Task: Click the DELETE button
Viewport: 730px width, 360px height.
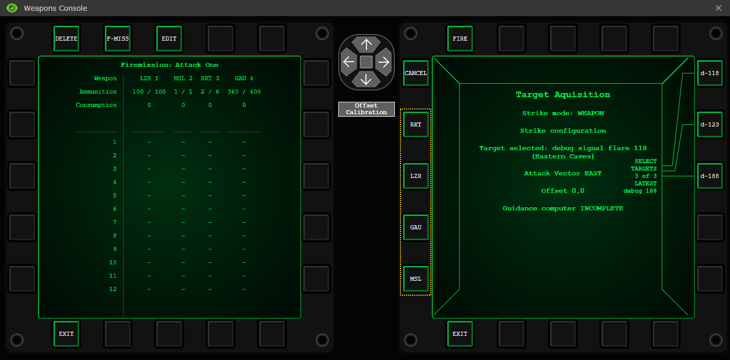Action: point(66,39)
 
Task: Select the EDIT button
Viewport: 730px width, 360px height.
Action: point(169,39)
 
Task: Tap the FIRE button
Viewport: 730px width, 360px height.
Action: point(460,39)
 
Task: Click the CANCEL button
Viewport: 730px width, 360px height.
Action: point(416,73)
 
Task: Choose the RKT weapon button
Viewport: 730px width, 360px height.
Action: point(416,124)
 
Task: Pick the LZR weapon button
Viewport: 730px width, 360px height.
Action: point(416,176)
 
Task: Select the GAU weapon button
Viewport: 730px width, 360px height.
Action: point(416,227)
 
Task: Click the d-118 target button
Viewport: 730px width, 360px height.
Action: point(710,73)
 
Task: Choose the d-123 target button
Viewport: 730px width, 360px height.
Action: point(710,124)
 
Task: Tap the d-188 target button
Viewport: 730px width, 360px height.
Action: point(710,176)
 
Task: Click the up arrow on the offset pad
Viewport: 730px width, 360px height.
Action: point(366,45)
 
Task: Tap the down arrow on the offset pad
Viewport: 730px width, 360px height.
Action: point(366,79)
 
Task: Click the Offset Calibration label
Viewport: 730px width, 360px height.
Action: point(366,109)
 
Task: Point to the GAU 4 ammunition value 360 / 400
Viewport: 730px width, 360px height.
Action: point(244,92)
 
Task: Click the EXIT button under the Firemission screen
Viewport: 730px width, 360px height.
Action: point(66,334)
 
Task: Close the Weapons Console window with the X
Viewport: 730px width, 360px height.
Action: point(718,8)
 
